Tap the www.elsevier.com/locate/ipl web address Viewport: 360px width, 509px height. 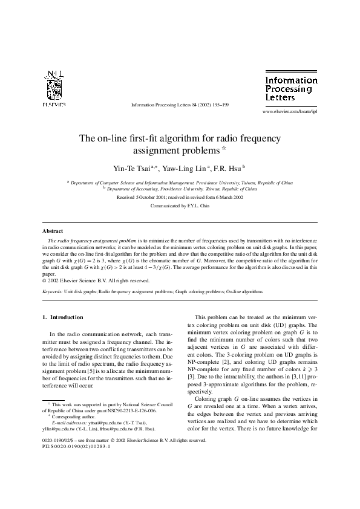tap(289, 112)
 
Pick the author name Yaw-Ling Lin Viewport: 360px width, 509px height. tap(185, 167)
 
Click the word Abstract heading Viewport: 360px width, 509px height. tap(53, 231)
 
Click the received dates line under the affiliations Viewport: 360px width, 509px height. tap(180, 197)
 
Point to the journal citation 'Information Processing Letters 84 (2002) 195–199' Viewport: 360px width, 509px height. tap(179, 105)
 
